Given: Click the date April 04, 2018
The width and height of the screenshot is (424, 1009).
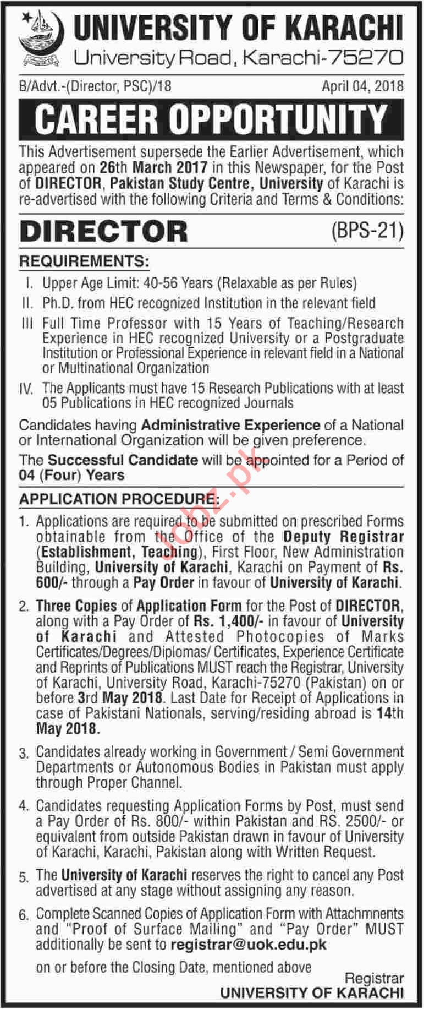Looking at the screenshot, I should pyautogui.click(x=362, y=86).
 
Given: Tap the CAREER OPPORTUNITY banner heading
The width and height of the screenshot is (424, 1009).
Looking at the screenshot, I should pyautogui.click(x=211, y=119).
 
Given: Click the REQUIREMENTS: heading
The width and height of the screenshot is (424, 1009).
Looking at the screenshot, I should pyautogui.click(x=84, y=261).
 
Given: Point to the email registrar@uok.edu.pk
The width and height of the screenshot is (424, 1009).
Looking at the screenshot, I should pyautogui.click(x=249, y=945).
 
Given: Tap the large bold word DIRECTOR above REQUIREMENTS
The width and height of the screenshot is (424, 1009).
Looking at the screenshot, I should pyautogui.click(x=103, y=232).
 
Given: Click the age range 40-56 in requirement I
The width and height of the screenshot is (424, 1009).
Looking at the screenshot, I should pyautogui.click(x=162, y=283).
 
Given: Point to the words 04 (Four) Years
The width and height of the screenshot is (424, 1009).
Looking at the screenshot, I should pyautogui.click(x=71, y=475).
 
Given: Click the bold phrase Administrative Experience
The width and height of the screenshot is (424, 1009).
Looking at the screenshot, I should pyautogui.click(x=230, y=425).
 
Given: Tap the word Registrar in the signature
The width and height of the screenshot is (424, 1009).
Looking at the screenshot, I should pyautogui.click(x=374, y=978).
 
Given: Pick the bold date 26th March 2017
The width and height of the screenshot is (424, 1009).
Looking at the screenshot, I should pyautogui.click(x=153, y=167).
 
